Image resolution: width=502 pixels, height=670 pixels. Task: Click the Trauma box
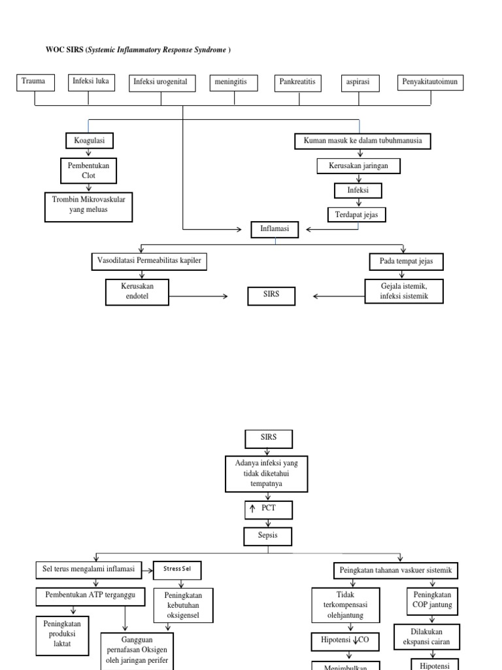pos(33,82)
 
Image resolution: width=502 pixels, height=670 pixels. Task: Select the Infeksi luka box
pos(89,82)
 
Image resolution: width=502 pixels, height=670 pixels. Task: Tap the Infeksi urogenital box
pos(161,82)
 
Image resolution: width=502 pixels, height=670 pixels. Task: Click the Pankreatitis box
pos(298,82)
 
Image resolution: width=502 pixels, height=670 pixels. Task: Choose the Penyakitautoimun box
pos(431,82)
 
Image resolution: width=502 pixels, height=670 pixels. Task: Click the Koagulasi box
pos(89,141)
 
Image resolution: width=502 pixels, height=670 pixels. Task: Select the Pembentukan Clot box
pos(88,171)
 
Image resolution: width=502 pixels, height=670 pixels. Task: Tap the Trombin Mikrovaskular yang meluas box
pos(88,206)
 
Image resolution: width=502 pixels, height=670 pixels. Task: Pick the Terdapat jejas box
pos(358,214)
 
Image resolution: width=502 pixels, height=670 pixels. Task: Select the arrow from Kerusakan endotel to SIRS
pos(197,296)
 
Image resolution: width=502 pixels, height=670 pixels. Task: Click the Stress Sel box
pos(177,570)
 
